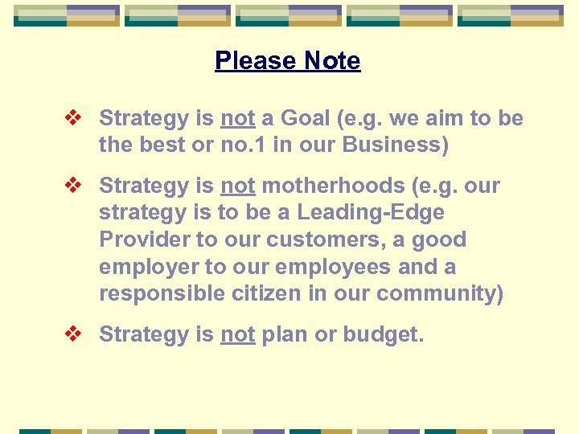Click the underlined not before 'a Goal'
(x=237, y=119)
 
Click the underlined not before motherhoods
(x=237, y=186)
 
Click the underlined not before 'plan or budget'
(x=237, y=334)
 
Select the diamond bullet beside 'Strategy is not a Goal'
(x=73, y=119)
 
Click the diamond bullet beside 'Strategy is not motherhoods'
(x=73, y=186)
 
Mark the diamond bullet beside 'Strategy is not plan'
(x=73, y=334)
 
